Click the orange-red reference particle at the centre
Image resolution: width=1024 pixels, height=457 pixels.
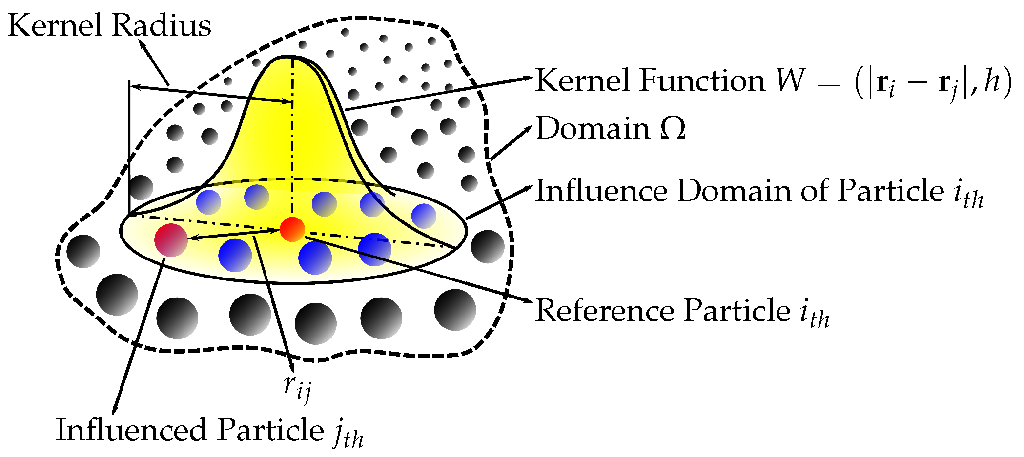tap(292, 229)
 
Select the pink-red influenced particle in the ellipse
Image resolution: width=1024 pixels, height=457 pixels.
tap(171, 240)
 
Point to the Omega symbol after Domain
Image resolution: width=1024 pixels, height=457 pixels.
tap(673, 129)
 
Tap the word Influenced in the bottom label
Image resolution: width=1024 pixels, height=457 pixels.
tap(132, 430)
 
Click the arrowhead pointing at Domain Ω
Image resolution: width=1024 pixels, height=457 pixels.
tap(528, 128)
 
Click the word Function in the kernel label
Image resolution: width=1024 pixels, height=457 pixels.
tap(701, 80)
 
